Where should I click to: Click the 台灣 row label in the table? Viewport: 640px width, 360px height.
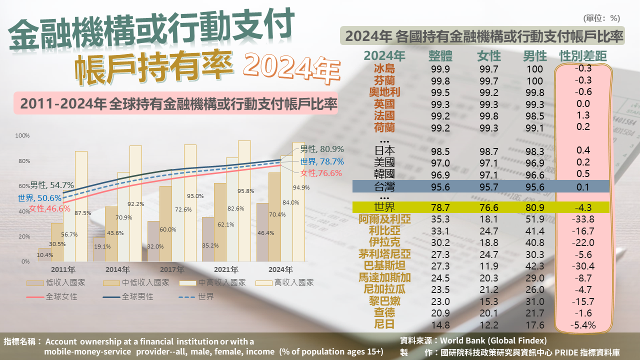(x=384, y=187)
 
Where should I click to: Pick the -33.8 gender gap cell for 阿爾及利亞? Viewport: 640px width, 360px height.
(x=583, y=219)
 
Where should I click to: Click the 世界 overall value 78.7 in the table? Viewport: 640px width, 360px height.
(x=439, y=207)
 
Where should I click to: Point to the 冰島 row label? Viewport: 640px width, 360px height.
(x=384, y=69)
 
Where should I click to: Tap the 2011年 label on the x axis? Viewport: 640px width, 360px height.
(x=62, y=269)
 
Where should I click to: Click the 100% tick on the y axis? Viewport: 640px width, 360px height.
(x=22, y=135)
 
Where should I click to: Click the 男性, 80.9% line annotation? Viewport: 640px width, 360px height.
(x=321, y=149)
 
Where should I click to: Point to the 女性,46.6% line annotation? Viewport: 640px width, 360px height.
(x=49, y=209)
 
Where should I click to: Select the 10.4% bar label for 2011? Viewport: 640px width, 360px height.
(x=45, y=255)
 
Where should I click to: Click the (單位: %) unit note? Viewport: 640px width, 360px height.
(x=601, y=18)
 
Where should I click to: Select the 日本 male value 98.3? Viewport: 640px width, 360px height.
(x=534, y=150)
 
